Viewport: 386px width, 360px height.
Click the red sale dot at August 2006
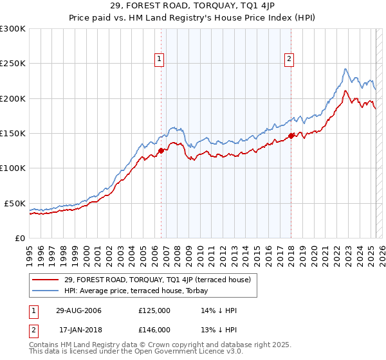(161, 151)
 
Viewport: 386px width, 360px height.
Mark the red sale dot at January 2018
(291, 136)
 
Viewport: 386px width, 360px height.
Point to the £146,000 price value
(154, 329)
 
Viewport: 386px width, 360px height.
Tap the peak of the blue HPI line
(345, 69)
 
